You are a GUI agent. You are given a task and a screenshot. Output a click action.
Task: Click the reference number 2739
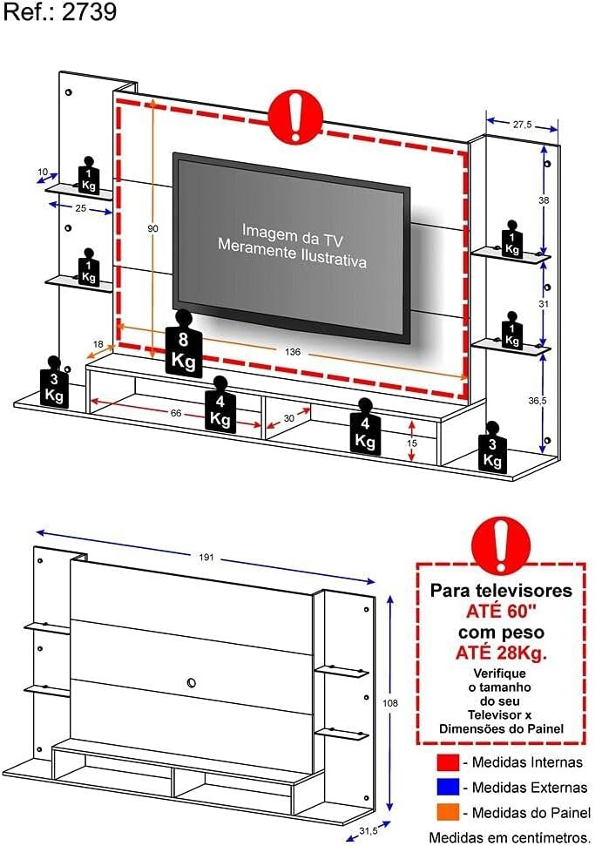click(89, 11)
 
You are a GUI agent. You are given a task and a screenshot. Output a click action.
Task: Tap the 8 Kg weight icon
click(184, 345)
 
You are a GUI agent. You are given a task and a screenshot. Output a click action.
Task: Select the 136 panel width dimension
click(293, 352)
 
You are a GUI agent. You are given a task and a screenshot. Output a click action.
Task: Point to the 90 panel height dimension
click(153, 229)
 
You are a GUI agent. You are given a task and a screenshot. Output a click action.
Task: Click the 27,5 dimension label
click(522, 125)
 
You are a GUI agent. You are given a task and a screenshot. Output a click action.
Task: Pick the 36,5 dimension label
click(538, 400)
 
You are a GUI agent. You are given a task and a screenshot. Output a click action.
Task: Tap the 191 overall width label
click(206, 558)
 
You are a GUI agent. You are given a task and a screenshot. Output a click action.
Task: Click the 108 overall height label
click(390, 703)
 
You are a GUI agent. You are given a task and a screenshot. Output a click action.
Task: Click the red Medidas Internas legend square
click(448, 762)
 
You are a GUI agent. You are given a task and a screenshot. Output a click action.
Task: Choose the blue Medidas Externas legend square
click(448, 788)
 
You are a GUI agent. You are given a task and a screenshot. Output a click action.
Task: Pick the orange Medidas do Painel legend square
click(448, 812)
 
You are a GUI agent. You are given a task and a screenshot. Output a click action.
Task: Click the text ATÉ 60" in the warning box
click(501, 612)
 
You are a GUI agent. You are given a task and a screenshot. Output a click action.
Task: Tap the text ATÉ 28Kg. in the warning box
click(501, 653)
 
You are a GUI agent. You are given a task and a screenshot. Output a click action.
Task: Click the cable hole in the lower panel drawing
click(191, 682)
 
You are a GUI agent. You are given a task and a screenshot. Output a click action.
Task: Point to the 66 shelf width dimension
click(176, 413)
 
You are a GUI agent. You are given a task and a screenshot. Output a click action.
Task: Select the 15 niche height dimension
click(412, 443)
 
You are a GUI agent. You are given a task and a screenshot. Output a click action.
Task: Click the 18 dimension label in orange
click(98, 344)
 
